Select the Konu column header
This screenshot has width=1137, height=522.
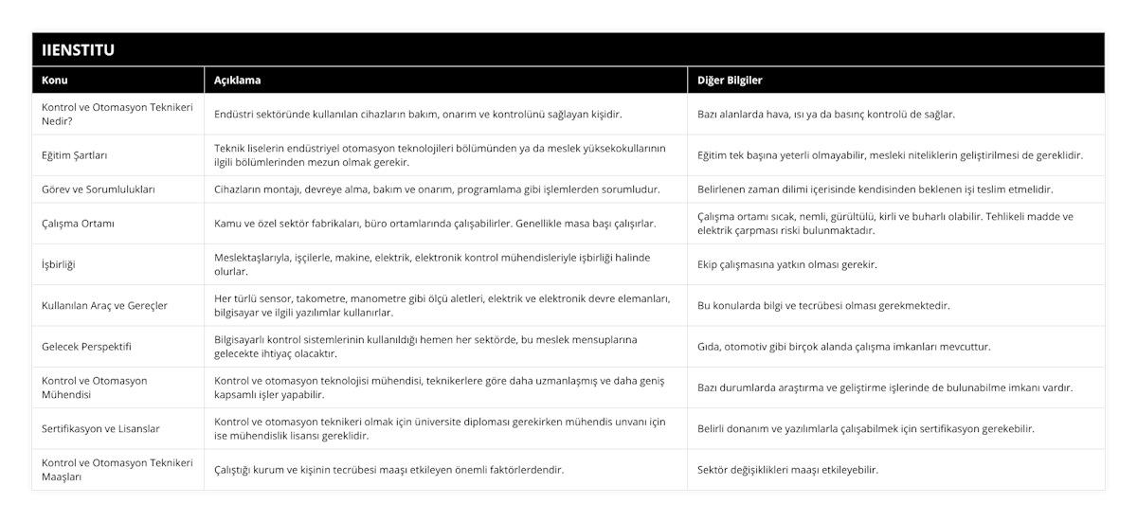click(x=55, y=81)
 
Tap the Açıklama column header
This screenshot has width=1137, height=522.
click(x=238, y=81)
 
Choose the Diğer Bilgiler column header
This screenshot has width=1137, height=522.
click(x=730, y=81)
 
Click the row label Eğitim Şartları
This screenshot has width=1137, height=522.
click(x=81, y=154)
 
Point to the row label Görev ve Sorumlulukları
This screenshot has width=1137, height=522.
click(x=99, y=189)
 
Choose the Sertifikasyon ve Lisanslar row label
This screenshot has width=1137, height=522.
click(x=100, y=428)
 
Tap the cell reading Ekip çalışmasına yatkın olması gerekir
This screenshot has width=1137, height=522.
click(x=786, y=264)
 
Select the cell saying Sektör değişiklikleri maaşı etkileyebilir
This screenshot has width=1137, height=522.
click(x=786, y=469)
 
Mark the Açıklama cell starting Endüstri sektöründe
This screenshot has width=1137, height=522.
click(x=418, y=114)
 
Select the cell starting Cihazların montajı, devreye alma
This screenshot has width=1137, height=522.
click(x=438, y=189)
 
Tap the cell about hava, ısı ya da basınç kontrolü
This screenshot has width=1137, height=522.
click(x=825, y=114)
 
